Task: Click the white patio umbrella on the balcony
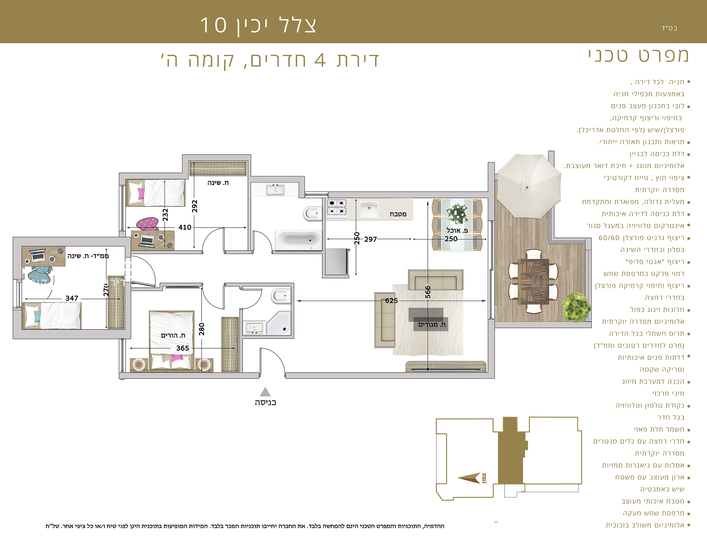[528, 186]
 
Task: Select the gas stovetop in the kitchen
[336, 208]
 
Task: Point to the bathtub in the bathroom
[299, 240]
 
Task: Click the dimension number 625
[391, 301]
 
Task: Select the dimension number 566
[428, 292]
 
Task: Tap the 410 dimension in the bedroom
[185, 227]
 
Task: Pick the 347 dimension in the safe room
[72, 298]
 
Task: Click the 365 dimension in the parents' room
[183, 348]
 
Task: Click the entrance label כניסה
[265, 402]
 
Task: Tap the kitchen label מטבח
[398, 214]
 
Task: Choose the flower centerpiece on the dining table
[457, 214]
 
